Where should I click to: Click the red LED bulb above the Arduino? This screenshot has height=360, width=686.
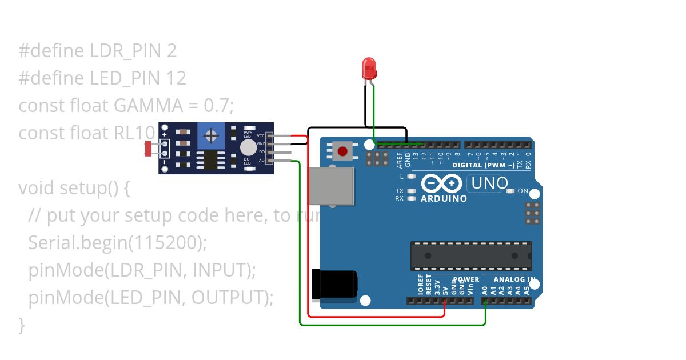[369, 68]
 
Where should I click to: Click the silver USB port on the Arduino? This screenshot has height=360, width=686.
[331, 186]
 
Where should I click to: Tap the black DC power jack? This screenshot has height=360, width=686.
[334, 284]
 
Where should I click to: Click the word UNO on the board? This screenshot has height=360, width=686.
[488, 183]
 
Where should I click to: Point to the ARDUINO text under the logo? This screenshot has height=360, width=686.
[444, 199]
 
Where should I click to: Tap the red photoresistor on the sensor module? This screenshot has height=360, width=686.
[149, 149]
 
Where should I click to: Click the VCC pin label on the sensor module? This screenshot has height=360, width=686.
[261, 135]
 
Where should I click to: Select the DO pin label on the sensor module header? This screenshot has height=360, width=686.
[261, 152]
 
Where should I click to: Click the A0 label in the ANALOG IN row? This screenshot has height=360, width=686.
[485, 290]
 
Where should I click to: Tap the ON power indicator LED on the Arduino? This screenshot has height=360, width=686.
[511, 191]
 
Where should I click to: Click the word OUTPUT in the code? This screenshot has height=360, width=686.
[228, 297]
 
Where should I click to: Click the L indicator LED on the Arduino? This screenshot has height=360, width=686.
[411, 177]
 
